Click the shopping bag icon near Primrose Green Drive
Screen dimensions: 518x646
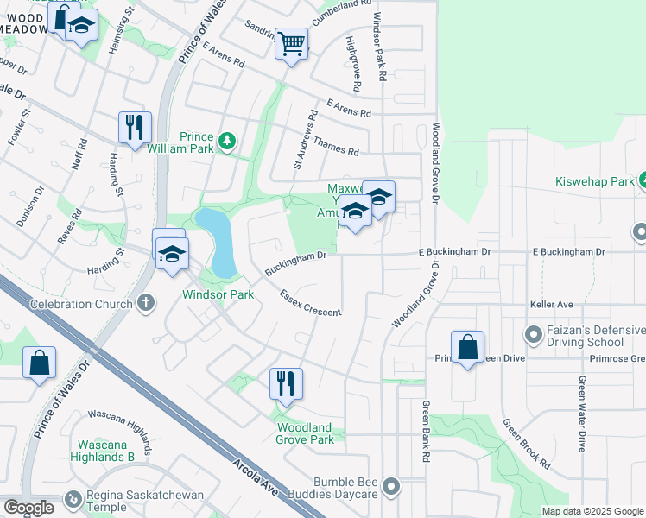[x=467, y=347]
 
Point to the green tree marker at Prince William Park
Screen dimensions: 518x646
[x=227, y=139]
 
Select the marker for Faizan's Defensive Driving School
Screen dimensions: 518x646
[x=532, y=333]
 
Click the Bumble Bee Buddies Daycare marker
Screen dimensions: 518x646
[x=392, y=487]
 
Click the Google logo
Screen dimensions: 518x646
[x=29, y=508]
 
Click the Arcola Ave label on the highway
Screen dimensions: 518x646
[x=256, y=477]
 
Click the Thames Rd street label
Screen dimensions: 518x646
[x=337, y=145]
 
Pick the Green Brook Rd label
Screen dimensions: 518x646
[x=527, y=444]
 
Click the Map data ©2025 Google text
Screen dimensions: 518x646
[x=592, y=511]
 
